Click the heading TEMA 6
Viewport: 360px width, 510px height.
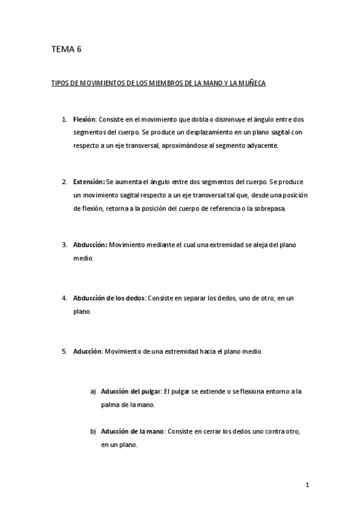click(x=66, y=51)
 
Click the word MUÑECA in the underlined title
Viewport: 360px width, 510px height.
click(x=251, y=84)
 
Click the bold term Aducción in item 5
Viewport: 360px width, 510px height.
click(x=88, y=351)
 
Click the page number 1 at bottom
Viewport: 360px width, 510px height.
click(x=307, y=485)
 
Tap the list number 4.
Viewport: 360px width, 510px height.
click(x=64, y=298)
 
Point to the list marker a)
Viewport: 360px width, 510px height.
click(x=93, y=392)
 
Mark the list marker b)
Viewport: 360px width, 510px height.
click(x=93, y=431)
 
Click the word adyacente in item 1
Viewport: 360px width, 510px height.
click(x=260, y=146)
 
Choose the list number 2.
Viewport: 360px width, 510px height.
click(x=64, y=181)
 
